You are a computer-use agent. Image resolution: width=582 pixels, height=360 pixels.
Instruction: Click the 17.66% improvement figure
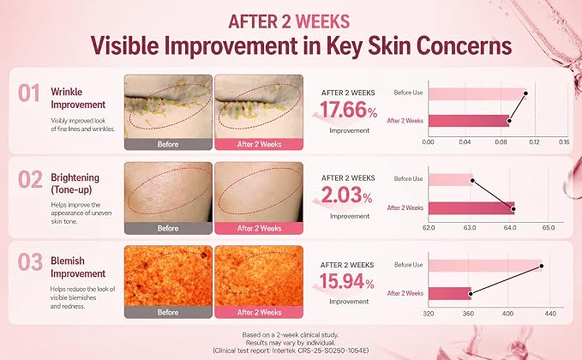(348, 111)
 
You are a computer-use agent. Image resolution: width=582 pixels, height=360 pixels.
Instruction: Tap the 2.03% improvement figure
(346, 195)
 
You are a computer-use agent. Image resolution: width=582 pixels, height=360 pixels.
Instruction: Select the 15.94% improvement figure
(346, 281)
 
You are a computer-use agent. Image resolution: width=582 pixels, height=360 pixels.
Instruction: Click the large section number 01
(29, 93)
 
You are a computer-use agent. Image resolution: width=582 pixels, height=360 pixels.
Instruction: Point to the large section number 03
(30, 262)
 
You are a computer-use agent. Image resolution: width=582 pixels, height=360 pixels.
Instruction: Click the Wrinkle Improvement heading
(78, 98)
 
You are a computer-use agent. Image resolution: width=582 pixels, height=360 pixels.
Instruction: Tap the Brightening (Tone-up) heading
(75, 183)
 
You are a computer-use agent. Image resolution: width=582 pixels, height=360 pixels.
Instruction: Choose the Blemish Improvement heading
(78, 267)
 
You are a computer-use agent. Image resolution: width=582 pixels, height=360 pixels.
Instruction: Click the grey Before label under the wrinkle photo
(168, 144)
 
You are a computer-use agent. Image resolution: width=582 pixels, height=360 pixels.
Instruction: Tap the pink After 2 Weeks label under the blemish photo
(259, 313)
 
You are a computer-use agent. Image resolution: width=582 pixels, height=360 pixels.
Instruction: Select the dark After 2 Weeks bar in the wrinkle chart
(469, 121)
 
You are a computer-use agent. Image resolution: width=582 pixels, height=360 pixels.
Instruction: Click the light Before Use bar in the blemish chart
(485, 266)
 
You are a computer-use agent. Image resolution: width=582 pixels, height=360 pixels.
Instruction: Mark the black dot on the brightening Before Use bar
(472, 181)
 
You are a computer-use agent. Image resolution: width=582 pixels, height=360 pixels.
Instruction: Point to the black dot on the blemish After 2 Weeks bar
(471, 294)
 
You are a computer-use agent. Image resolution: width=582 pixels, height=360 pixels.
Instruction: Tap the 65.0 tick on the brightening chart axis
(549, 227)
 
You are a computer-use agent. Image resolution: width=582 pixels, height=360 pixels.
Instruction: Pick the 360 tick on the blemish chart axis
(468, 314)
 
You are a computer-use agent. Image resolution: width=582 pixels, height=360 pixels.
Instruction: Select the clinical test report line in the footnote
(291, 351)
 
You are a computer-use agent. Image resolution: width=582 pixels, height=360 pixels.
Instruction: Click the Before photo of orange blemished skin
(168, 276)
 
